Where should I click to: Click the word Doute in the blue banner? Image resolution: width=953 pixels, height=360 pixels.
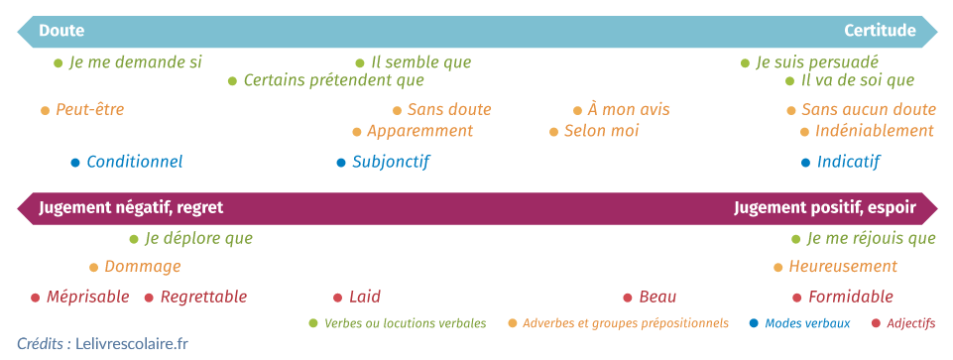tap(61, 31)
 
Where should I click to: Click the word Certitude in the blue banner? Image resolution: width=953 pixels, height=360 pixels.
tap(880, 31)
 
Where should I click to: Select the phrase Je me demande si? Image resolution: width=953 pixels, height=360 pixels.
tap(135, 62)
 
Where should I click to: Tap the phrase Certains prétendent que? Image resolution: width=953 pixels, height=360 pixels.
tap(333, 80)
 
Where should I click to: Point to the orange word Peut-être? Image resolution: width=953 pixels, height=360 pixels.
tap(89, 110)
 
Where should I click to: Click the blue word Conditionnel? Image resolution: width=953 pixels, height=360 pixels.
tap(134, 162)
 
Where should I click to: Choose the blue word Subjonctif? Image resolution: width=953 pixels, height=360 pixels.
tap(391, 162)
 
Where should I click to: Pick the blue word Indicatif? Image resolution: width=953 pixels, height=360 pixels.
tap(848, 162)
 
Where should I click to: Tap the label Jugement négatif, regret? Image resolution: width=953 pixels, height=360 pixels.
tap(131, 207)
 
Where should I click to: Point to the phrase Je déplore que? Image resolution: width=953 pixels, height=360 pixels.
tap(198, 238)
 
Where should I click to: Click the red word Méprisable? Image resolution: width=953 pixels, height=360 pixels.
tap(87, 297)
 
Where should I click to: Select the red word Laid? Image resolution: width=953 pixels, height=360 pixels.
tap(364, 297)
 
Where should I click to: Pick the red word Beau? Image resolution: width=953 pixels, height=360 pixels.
tap(657, 297)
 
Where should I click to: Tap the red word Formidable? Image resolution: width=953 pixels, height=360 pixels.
tap(851, 297)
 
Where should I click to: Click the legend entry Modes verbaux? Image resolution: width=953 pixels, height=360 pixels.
tap(807, 323)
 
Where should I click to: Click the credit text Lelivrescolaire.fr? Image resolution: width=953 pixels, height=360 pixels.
tap(132, 344)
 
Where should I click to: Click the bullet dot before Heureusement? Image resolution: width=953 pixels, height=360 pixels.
tap(778, 267)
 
